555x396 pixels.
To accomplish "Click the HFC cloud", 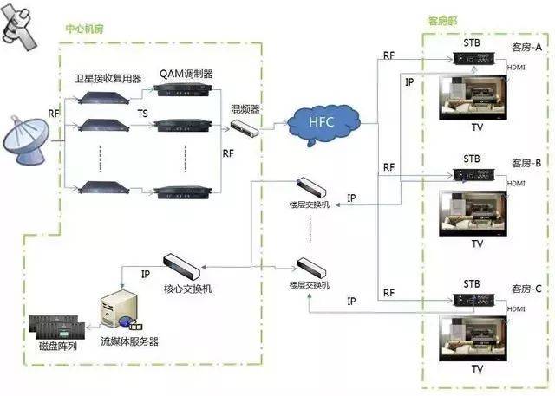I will tap(317, 122).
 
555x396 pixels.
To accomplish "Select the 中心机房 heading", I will tap(86, 28).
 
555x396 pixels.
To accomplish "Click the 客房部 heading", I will tap(443, 21).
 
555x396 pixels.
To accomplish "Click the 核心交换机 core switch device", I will tap(183, 263).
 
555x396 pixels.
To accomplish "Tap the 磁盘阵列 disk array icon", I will tap(58, 328).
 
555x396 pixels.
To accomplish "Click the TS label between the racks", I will tap(142, 113).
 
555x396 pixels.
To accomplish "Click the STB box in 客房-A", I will tap(474, 58).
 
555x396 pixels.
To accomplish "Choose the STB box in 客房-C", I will tap(474, 301).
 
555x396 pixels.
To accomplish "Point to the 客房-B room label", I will tap(526, 163).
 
